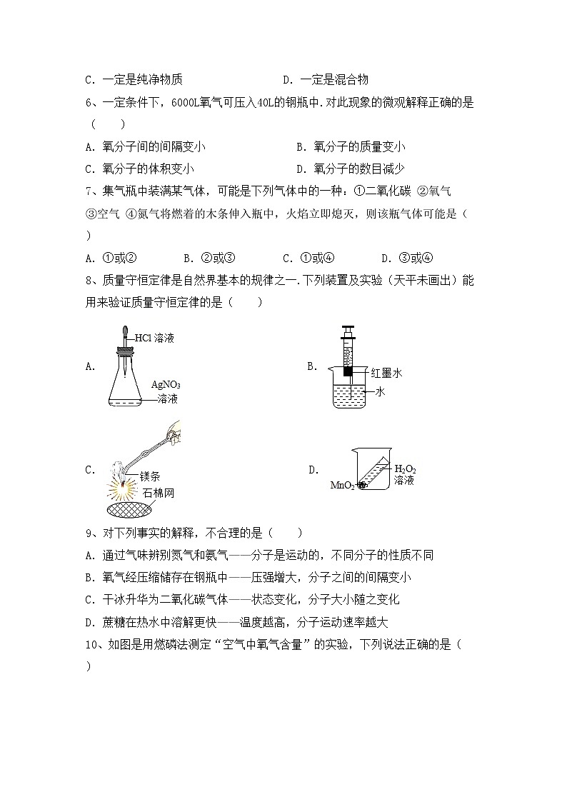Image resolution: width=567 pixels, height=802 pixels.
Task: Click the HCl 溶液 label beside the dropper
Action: [x=154, y=338]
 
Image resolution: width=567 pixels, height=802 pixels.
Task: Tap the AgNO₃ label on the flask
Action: [x=165, y=384]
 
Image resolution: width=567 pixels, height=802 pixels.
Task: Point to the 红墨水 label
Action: [x=387, y=373]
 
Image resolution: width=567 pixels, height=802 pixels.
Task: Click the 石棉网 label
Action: [x=159, y=493]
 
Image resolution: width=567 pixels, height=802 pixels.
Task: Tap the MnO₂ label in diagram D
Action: [x=342, y=486]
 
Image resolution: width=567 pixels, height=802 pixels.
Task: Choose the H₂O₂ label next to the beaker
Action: [x=405, y=469]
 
